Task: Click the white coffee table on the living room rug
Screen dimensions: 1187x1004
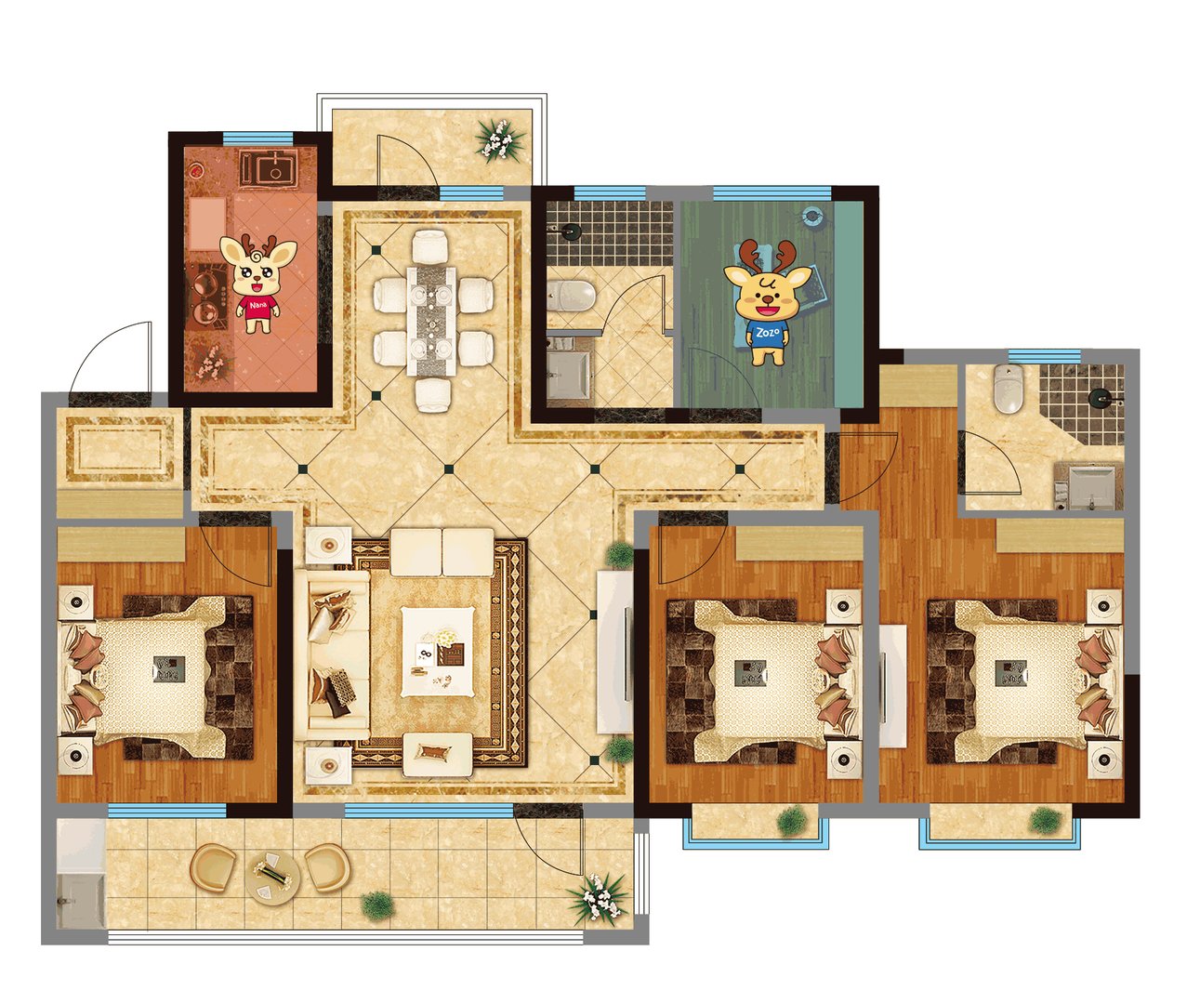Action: point(438,652)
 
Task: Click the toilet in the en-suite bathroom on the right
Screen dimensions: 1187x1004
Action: point(1008,388)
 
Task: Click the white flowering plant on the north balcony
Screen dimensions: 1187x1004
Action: point(498,139)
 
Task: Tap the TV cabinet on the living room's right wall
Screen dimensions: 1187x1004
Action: point(613,652)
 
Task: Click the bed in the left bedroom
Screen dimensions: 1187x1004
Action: point(156,668)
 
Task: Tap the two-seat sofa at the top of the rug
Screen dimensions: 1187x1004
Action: point(442,552)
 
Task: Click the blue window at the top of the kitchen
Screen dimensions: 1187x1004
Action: point(257,138)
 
